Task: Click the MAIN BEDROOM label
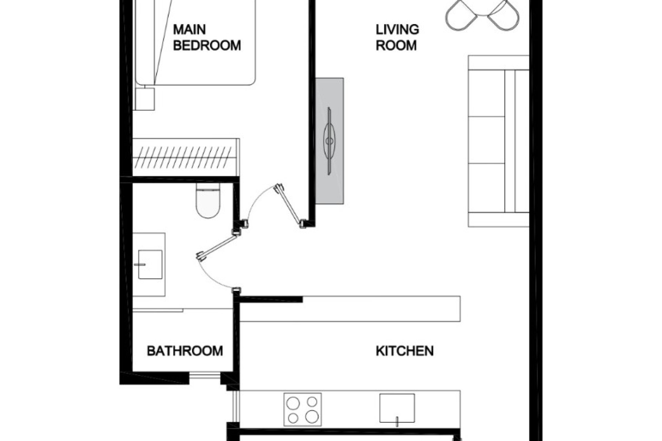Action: pyautogui.click(x=207, y=37)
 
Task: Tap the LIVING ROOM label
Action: pyautogui.click(x=397, y=37)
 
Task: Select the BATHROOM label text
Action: pyautogui.click(x=185, y=351)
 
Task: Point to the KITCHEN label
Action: pyautogui.click(x=404, y=351)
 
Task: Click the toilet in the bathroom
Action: pyautogui.click(x=208, y=202)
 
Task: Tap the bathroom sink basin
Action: pyautogui.click(x=150, y=264)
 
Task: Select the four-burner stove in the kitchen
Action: pyautogui.click(x=302, y=409)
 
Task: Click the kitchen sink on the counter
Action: pyautogui.click(x=397, y=408)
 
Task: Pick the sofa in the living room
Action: pyautogui.click(x=498, y=141)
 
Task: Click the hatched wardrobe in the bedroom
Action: pyautogui.click(x=186, y=157)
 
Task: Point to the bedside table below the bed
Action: pyautogui.click(x=144, y=99)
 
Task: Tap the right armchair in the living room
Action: pyautogui.click(x=503, y=16)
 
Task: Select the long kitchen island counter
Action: pyautogui.click(x=350, y=309)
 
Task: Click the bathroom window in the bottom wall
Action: pyautogui.click(x=204, y=376)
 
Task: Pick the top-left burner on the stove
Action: pyautogui.click(x=293, y=402)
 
